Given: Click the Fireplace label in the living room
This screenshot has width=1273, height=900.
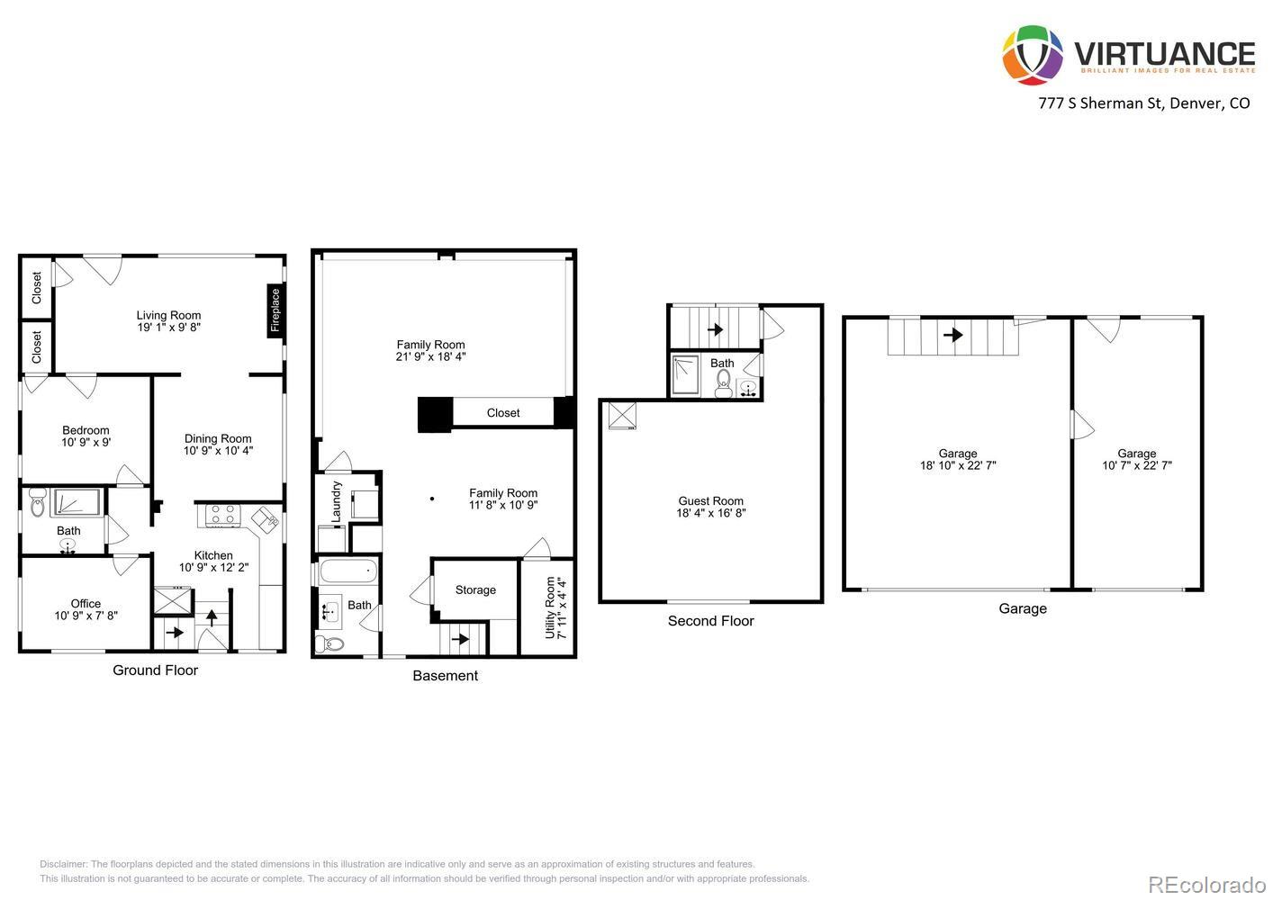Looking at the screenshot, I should click(x=275, y=310).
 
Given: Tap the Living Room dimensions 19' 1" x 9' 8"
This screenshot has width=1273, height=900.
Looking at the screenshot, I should click(x=169, y=328).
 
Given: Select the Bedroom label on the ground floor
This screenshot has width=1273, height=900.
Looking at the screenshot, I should click(x=86, y=430).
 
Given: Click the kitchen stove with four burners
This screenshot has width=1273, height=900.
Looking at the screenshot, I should click(x=222, y=515).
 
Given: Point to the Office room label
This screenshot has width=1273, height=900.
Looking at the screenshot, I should click(x=86, y=604).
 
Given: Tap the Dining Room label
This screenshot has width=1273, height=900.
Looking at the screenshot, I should click(x=218, y=439).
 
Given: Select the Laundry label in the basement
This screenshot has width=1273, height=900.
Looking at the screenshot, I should click(x=337, y=502).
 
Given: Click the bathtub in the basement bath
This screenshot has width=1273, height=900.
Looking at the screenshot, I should click(x=348, y=571).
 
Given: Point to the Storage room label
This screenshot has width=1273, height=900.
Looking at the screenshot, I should click(x=475, y=590).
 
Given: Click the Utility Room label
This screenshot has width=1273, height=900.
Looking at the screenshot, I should click(x=550, y=607).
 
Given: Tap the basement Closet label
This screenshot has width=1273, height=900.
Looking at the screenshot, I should click(x=503, y=413).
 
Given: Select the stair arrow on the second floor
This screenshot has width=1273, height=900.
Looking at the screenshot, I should click(x=716, y=329).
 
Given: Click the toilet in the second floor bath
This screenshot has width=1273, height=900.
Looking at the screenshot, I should click(x=723, y=385).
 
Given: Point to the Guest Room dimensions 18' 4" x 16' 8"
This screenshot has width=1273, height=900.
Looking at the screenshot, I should click(x=711, y=514).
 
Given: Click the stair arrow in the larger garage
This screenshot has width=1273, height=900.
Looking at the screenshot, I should click(x=952, y=335).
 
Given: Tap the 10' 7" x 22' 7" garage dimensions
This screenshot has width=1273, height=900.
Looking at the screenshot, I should click(x=1137, y=466).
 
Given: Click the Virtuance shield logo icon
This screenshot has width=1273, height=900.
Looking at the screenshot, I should click(x=1033, y=55).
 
